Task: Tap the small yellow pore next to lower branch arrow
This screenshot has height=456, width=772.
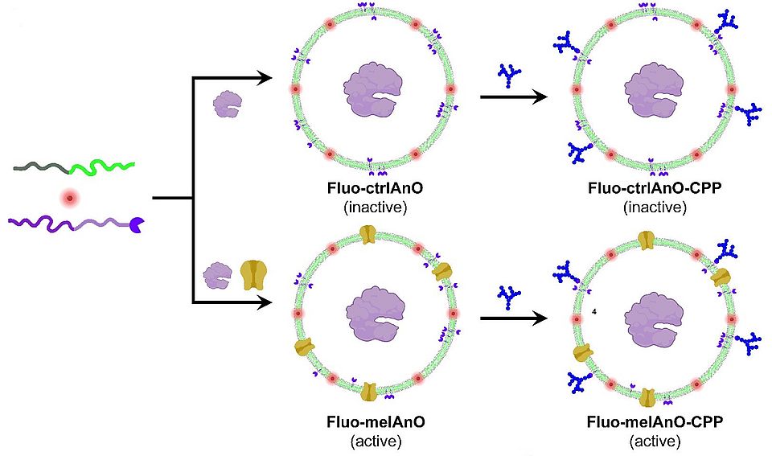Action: (x=253, y=275)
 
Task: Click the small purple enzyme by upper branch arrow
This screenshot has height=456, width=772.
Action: (x=227, y=103)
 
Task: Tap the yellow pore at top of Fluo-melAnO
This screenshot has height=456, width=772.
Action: (x=368, y=234)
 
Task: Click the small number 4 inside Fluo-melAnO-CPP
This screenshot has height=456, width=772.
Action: (x=593, y=311)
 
